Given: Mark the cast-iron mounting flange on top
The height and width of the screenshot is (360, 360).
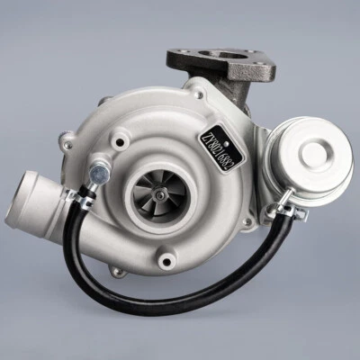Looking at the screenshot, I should [x=220, y=65].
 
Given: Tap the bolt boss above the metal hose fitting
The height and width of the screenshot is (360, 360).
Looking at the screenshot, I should [x=118, y=139].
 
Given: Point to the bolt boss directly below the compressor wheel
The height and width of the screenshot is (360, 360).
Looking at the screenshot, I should [x=164, y=260].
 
